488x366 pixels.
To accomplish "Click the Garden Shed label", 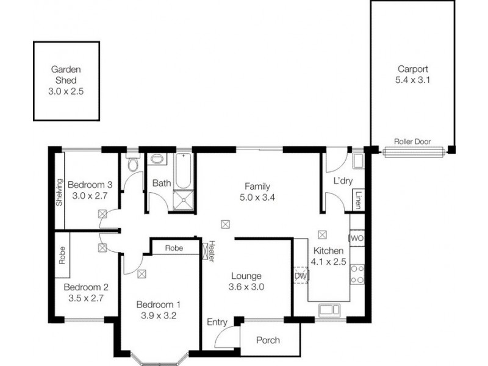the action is (66, 74).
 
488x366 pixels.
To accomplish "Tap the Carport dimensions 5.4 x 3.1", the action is (413, 80).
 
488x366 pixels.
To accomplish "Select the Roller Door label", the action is (412, 142).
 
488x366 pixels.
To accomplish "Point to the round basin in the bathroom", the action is (157, 159).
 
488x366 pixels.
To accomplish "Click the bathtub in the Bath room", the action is (183, 171).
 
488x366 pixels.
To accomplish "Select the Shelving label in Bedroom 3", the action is (59, 192).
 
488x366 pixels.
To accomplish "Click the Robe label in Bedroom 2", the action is (62, 255).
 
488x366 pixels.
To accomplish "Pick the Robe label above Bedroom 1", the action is (174, 248).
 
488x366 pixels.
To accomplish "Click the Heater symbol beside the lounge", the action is (206, 251).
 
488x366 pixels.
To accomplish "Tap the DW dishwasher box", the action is (301, 276).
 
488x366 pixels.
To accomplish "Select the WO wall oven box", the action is (357, 239).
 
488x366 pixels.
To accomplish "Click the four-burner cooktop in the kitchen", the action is (357, 274).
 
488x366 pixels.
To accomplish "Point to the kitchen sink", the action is (329, 310).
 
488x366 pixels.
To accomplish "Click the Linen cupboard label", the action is (358, 200).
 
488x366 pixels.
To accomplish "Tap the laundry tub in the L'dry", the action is (358, 161).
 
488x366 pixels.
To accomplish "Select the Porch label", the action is (268, 340).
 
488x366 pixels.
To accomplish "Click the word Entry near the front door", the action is (217, 322).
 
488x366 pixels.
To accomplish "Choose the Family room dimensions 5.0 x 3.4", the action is (257, 197).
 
